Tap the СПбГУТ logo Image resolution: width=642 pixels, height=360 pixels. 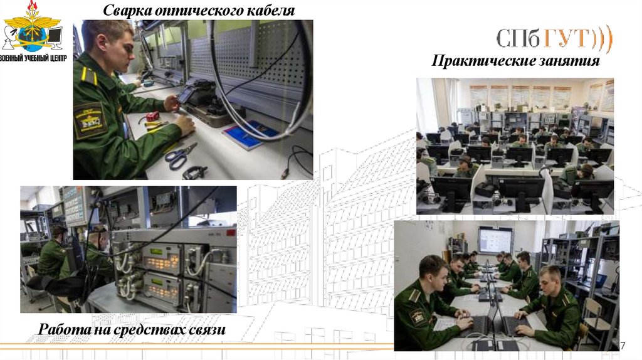pos(554,38)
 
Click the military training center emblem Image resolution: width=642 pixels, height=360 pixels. pos(32,26)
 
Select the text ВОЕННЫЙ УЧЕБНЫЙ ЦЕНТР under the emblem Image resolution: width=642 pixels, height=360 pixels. pos(33,58)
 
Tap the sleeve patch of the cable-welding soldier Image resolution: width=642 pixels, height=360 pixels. pos(90,121)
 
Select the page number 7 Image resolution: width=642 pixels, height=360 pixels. pos(623,345)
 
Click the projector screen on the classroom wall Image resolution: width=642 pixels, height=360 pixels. pos(495,240)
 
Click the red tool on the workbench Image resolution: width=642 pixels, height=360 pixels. pos(153,116)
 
